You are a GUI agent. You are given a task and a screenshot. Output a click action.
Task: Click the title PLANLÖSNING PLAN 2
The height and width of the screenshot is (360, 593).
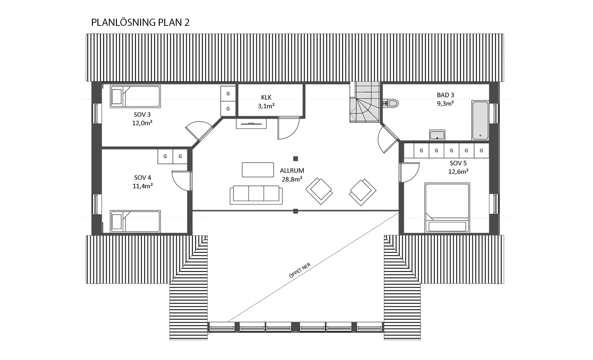140,22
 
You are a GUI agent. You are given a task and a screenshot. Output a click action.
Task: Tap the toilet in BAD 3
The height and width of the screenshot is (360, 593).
391,103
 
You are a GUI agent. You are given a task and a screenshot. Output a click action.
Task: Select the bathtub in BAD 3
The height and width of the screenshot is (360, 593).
480,120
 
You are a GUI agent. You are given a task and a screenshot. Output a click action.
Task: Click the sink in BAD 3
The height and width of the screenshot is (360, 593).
437,135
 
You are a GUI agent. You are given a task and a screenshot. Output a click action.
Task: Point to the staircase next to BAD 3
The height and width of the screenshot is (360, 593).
365,102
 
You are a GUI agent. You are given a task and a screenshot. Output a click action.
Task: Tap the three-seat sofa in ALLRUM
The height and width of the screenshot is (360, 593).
256,194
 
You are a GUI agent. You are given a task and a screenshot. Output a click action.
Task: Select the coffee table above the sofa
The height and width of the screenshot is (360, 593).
258,170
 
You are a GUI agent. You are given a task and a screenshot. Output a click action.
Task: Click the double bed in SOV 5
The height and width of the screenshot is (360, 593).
447,208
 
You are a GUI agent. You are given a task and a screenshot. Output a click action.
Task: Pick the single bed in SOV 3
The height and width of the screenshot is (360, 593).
135,97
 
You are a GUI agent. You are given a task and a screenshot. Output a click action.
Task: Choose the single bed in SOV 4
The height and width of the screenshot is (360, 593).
135,222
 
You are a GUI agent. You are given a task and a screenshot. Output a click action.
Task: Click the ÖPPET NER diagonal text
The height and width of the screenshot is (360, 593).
300,270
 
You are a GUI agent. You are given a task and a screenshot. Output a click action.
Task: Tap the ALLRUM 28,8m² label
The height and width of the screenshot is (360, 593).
292,175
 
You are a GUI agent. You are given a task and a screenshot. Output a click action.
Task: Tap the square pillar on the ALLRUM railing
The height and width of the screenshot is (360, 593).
296,211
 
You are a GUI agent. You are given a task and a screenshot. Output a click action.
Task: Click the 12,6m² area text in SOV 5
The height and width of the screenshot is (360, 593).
458,172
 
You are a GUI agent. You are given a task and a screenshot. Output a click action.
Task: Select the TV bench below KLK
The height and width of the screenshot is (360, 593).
251,124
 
